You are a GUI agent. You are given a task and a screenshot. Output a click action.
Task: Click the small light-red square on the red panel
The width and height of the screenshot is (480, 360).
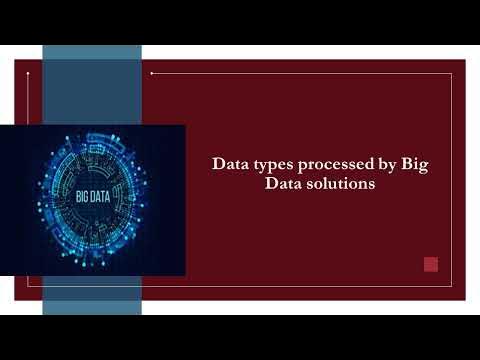pos(431,264)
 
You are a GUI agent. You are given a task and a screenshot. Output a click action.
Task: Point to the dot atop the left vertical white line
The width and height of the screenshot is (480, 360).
pos(29,72)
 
